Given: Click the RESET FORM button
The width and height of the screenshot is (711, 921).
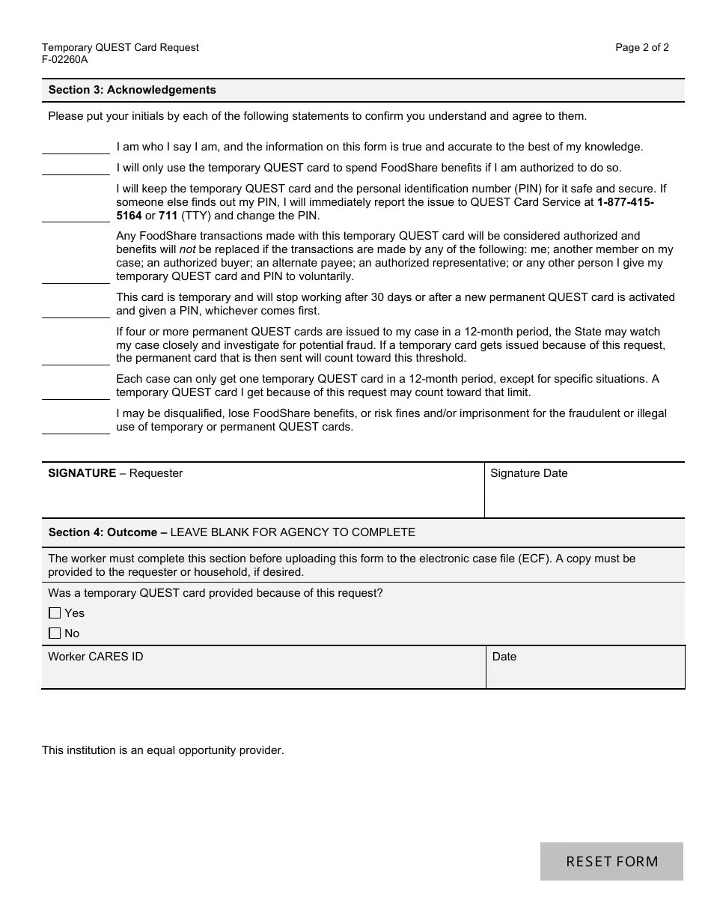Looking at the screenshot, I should tap(611, 861).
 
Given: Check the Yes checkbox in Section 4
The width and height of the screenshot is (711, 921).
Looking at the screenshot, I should tap(55, 613).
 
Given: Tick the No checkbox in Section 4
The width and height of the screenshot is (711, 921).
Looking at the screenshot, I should tap(55, 633).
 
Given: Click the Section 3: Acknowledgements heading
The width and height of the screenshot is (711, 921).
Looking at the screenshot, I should tap(132, 90).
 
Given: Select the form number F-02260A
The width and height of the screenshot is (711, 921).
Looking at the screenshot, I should tap(64, 60).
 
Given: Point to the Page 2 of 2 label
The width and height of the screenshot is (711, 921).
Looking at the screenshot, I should tap(641, 47).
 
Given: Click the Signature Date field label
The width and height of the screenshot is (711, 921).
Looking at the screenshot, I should tap(528, 473).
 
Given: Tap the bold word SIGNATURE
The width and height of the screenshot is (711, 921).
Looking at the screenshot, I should tap(82, 473).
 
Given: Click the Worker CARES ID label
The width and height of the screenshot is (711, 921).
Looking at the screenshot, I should tap(96, 657).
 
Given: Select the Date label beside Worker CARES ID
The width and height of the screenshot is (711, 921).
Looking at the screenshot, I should tap(504, 657).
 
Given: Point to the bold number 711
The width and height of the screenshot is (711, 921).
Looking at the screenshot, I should tap(168, 216).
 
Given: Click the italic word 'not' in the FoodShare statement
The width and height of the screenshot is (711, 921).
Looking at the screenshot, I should tap(187, 249).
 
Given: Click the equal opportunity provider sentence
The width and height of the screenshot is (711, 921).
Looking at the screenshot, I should tap(163, 750).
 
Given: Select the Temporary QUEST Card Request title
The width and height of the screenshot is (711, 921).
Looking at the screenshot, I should tap(120, 47).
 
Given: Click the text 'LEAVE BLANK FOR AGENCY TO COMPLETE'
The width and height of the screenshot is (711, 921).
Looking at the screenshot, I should tap(293, 532).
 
